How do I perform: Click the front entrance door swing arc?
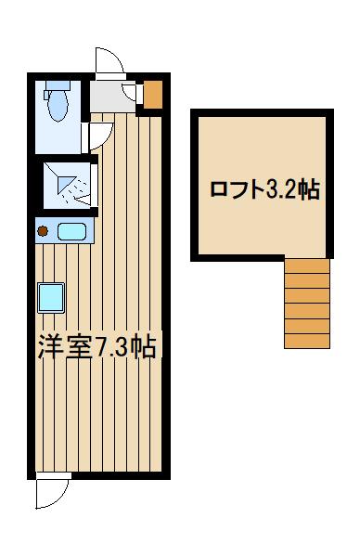click(x=109, y=61)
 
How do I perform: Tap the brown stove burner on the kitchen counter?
click(x=42, y=229)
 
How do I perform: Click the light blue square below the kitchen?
click(x=50, y=298)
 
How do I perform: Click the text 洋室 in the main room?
click(x=66, y=348)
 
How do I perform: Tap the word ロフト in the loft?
click(x=237, y=191)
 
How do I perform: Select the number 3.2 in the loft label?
click(x=283, y=191)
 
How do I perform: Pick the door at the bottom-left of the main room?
click(x=53, y=490)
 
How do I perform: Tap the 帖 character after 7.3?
click(x=144, y=349)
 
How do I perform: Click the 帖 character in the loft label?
click(x=310, y=191)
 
